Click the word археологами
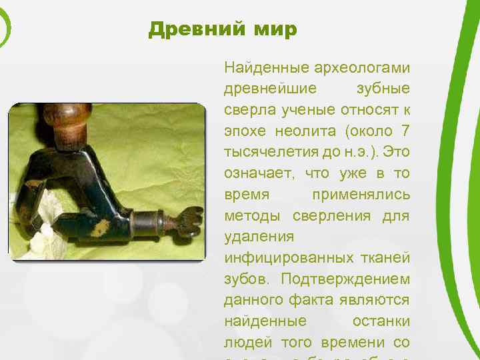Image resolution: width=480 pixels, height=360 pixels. point(365,68)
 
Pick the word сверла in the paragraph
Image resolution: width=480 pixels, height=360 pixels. point(247,110)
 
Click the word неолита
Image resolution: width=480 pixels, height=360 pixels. point(297,131)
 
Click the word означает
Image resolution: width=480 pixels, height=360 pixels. point(257,174)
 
